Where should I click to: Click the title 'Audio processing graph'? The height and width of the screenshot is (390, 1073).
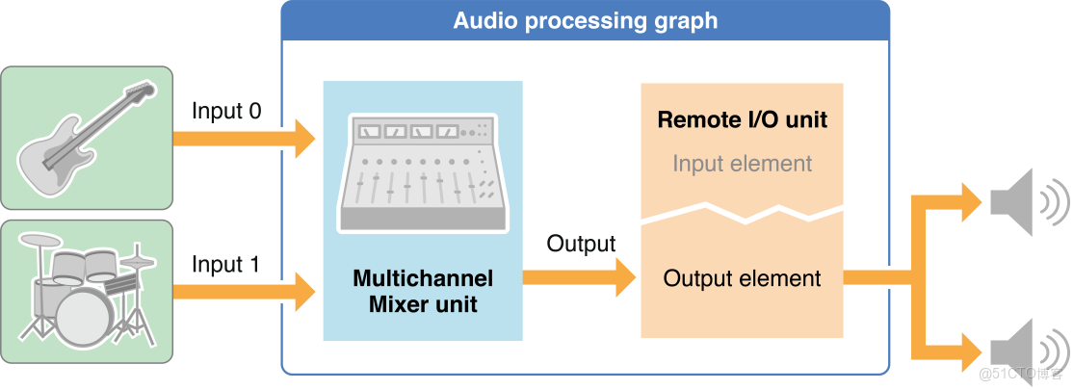click(x=585, y=20)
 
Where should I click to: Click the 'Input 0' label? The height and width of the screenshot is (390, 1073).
click(x=226, y=111)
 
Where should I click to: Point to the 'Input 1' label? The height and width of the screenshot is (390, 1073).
click(x=226, y=264)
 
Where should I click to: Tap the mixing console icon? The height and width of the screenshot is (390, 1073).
click(x=422, y=173)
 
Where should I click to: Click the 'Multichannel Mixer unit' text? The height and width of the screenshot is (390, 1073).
click(x=423, y=292)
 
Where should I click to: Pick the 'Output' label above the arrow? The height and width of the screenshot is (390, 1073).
click(x=581, y=244)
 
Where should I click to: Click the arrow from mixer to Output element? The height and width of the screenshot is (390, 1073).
click(x=578, y=278)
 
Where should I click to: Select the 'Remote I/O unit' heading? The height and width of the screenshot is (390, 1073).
click(x=742, y=120)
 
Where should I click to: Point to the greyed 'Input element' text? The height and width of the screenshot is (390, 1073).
click(x=742, y=164)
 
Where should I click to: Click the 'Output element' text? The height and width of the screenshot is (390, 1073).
click(x=742, y=279)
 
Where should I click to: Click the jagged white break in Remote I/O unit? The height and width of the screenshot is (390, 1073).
click(x=742, y=212)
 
